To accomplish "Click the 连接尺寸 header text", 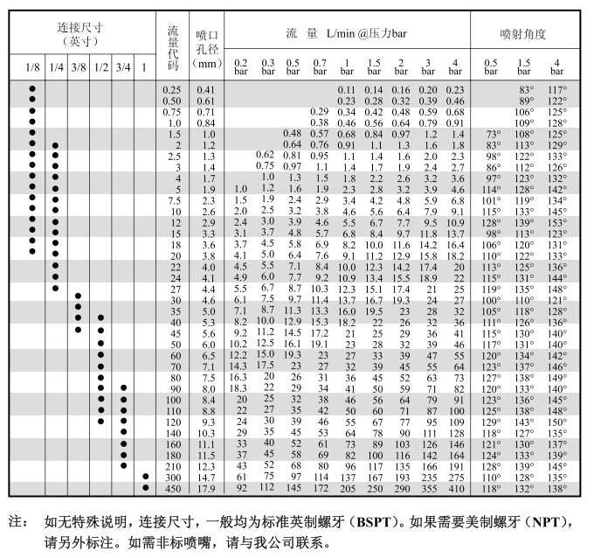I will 80,28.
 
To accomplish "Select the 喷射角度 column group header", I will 523,33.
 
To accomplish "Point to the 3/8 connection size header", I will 79,67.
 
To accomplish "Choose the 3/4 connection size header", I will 123,67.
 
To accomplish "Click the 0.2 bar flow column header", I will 241,67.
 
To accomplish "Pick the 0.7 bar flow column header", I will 320,67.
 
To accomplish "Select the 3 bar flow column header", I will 428,67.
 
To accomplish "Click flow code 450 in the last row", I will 172,488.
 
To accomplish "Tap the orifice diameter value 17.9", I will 206,488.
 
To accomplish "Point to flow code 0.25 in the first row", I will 172,90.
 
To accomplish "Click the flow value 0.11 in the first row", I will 347,90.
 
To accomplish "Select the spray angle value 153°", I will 556,223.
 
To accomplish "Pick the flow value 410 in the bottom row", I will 455,488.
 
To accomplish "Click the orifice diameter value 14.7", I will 206,478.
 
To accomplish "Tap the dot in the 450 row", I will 145,488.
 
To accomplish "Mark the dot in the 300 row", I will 145,478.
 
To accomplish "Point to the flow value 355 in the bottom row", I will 428,488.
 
